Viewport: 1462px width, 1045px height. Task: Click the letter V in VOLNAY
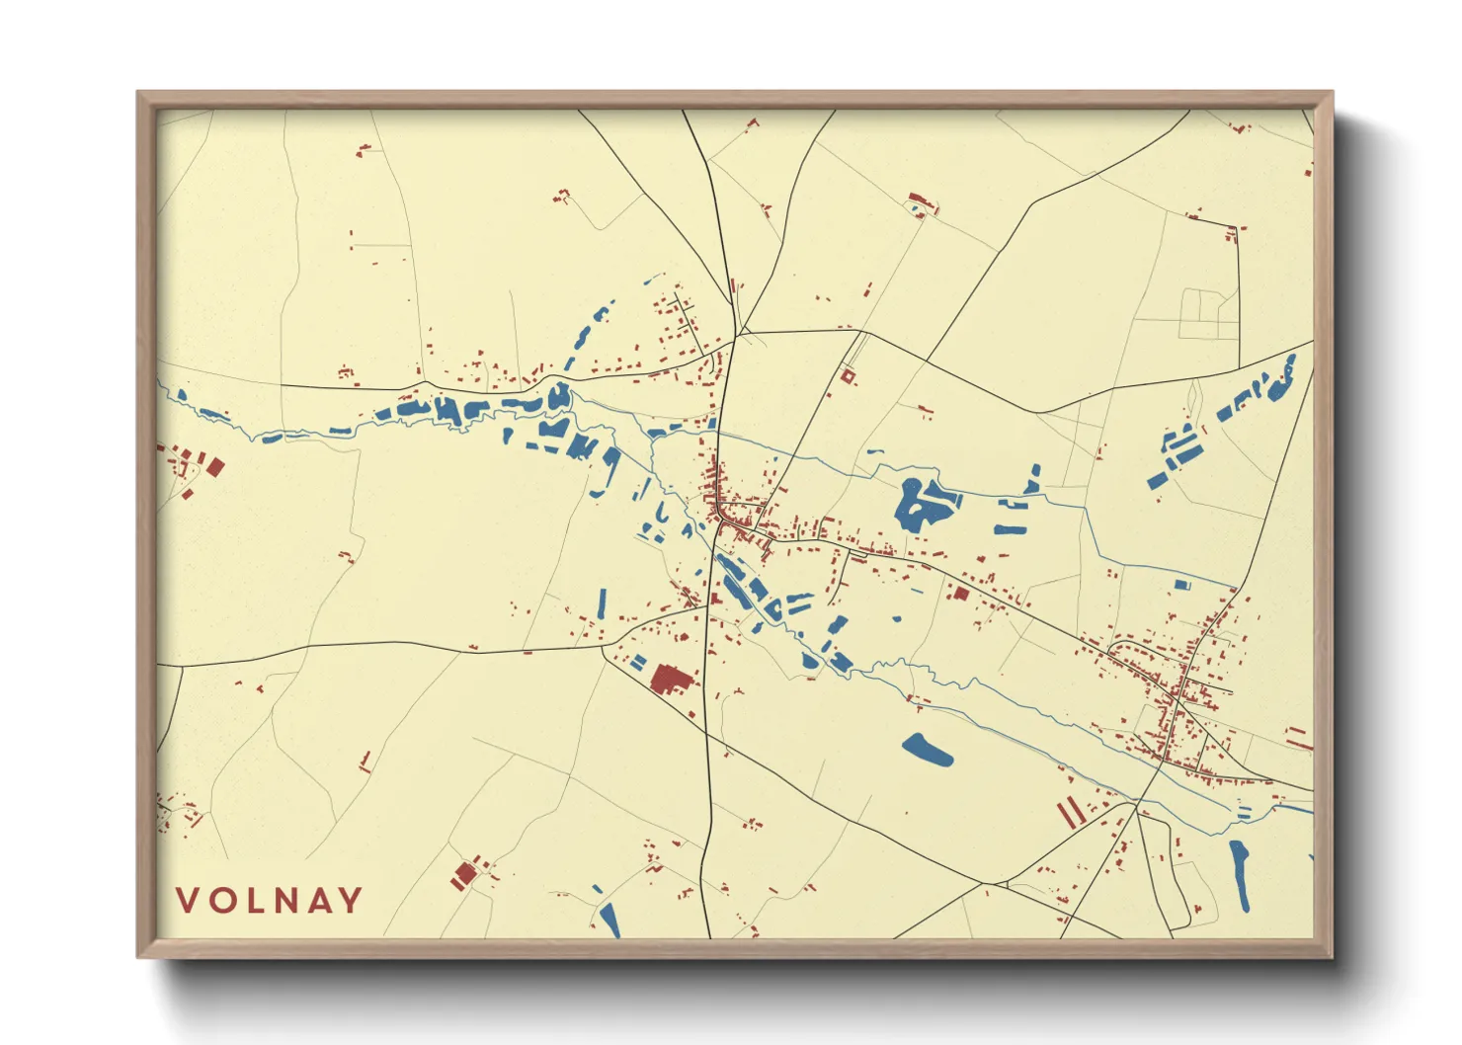click(x=188, y=900)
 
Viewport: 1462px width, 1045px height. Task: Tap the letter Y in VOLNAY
click(x=350, y=900)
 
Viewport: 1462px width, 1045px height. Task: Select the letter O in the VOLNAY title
click(x=219, y=900)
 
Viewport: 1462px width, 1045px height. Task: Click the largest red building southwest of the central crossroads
click(x=670, y=679)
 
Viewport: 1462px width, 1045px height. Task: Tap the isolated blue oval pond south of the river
click(x=928, y=750)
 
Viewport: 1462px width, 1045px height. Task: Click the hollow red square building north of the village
click(x=847, y=375)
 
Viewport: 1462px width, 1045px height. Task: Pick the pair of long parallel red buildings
click(x=1070, y=812)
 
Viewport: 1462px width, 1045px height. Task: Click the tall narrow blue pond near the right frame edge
click(x=1241, y=873)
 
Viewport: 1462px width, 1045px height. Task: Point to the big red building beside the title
click(x=463, y=873)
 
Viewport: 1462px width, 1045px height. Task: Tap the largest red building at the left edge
click(x=213, y=466)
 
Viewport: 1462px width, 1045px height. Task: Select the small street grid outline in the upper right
click(x=1209, y=313)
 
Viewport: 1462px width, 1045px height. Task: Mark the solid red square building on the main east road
click(x=960, y=594)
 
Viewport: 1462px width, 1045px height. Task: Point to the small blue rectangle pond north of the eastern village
click(x=1180, y=585)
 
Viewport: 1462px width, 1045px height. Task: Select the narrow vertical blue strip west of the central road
click(x=602, y=603)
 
